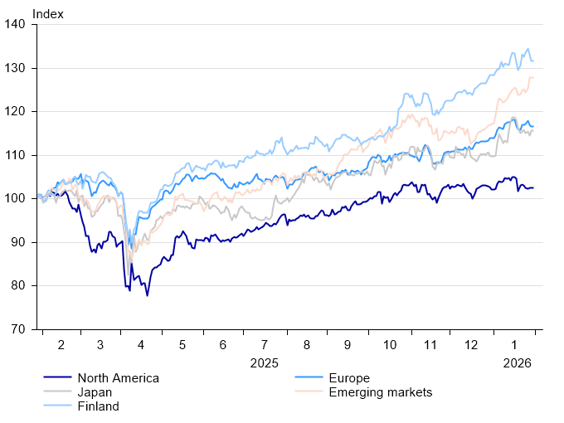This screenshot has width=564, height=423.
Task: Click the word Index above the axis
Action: (47, 13)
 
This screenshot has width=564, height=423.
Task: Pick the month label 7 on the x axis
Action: (265, 344)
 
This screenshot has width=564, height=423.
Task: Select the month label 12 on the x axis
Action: (470, 344)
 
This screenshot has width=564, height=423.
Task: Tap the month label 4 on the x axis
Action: (141, 344)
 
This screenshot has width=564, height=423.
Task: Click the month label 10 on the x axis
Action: (388, 344)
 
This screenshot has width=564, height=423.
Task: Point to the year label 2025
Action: (265, 362)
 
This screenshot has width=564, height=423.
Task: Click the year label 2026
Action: (516, 362)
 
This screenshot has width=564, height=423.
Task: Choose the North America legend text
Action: (117, 378)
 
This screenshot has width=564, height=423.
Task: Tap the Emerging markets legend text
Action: (381, 392)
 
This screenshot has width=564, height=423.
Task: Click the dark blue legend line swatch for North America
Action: (56, 378)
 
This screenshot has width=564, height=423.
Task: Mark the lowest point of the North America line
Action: (148, 295)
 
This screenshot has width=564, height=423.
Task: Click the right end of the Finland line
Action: (532, 61)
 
